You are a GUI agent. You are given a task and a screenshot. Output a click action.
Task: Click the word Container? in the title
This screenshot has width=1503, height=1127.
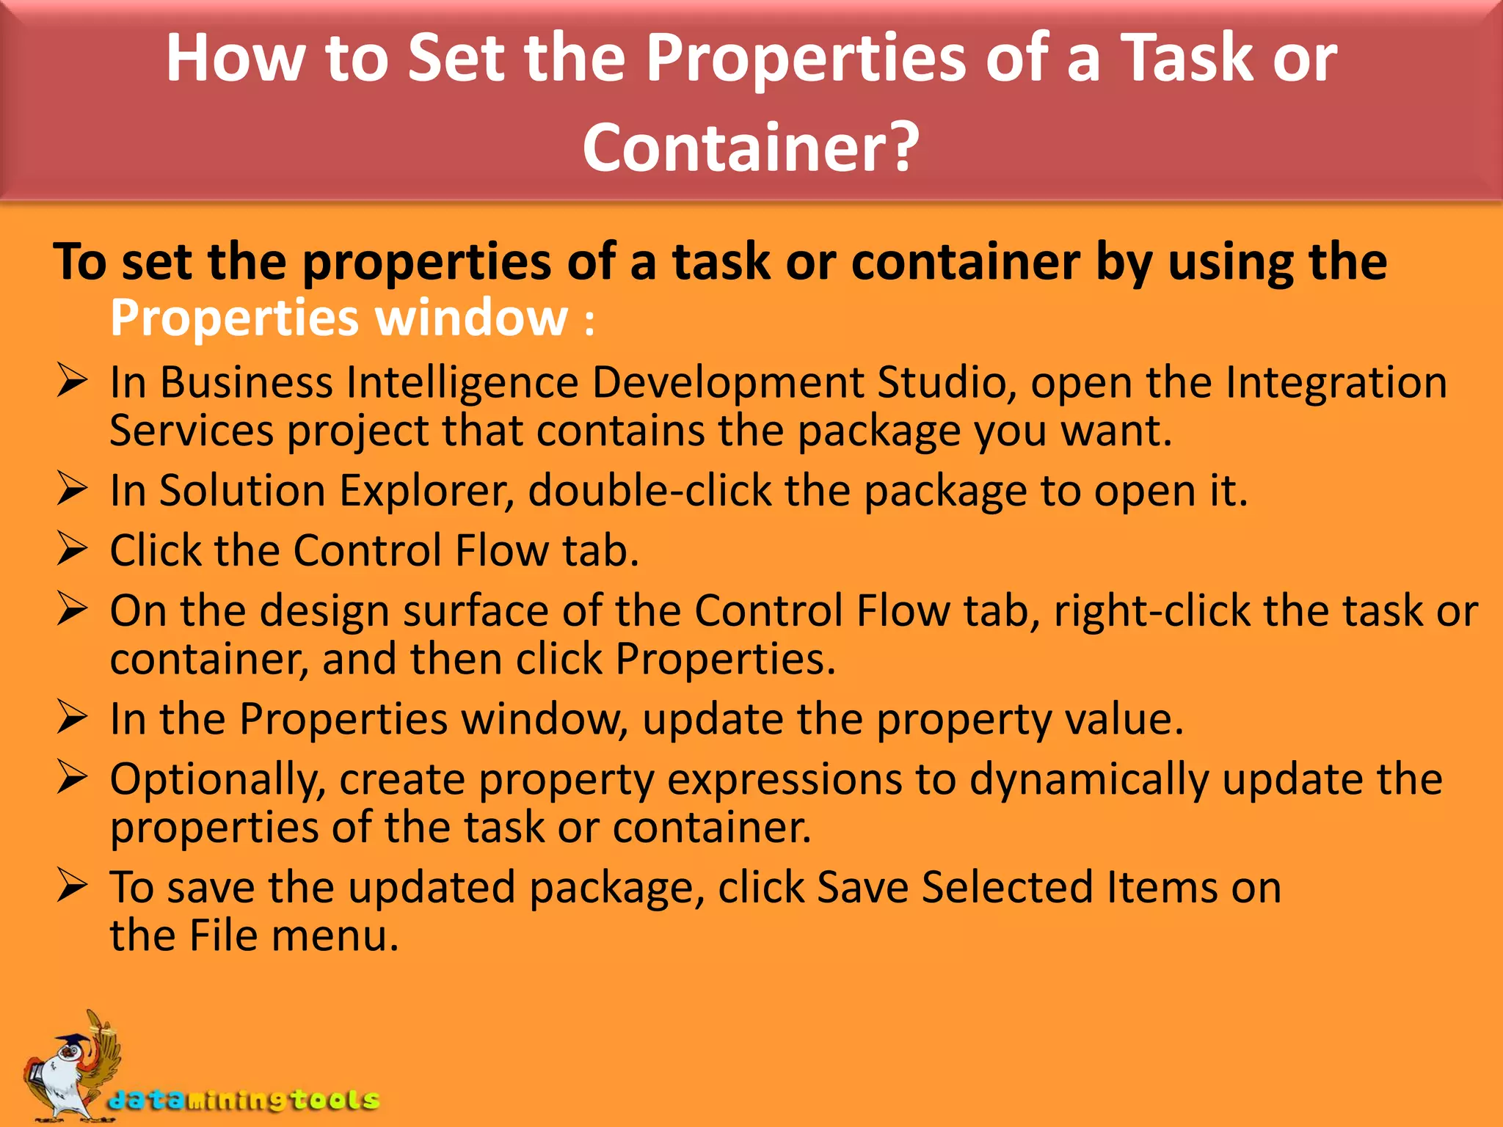[x=751, y=147]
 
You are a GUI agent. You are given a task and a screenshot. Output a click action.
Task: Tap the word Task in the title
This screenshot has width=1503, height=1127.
[x=1188, y=58]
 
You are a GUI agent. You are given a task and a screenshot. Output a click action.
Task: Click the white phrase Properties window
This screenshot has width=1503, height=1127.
[x=339, y=318]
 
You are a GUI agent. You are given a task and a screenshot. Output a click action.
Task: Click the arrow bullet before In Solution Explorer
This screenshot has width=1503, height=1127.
[x=72, y=489]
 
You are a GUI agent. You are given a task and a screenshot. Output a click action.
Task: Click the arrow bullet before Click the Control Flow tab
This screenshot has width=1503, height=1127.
[x=72, y=550]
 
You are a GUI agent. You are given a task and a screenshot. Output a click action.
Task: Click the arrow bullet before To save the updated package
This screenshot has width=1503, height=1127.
[x=72, y=886]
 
